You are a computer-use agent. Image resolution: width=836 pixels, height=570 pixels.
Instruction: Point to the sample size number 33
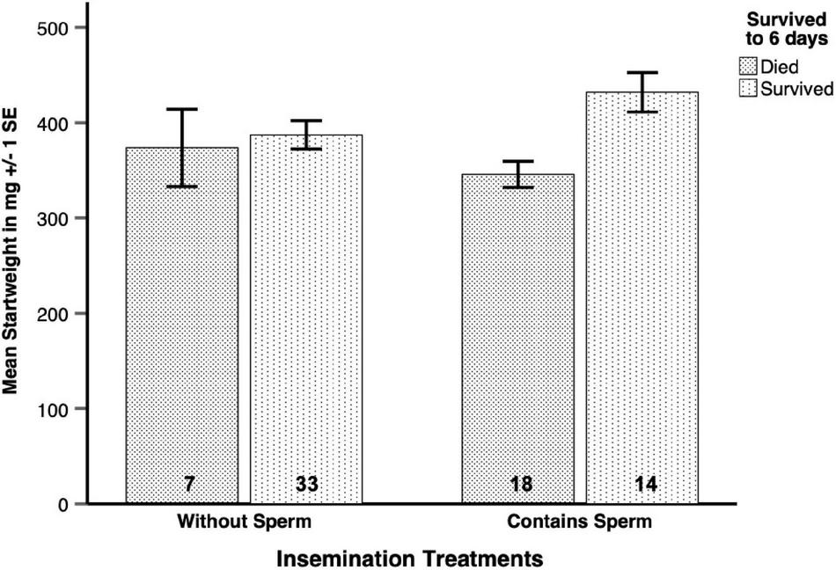[x=307, y=484]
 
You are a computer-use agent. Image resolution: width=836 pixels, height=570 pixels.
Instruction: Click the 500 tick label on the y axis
[x=56, y=27]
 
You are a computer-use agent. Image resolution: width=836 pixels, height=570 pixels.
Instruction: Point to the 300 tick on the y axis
[x=56, y=218]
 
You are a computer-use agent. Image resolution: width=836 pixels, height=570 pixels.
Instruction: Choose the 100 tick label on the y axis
[x=56, y=409]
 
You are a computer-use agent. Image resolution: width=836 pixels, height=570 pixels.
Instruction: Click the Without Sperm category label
[x=245, y=522]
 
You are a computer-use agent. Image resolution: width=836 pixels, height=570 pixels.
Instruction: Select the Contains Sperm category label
[x=580, y=522]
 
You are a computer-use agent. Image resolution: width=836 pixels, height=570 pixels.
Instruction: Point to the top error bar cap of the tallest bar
[x=642, y=73]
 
